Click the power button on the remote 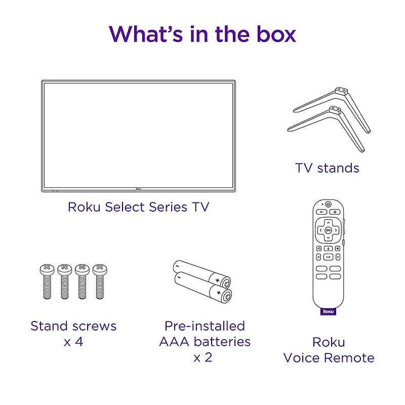(328, 204)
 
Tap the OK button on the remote (328, 229)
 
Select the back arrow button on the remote (319, 212)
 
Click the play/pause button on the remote (328, 258)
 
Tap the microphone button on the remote (328, 248)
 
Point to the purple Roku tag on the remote (329, 312)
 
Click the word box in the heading (273, 33)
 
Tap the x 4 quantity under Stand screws (73, 342)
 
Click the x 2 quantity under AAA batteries (202, 357)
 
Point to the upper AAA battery (201, 273)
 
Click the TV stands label (327, 168)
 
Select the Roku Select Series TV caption (138, 207)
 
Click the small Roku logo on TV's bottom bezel (138, 191)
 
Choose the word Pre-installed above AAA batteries (205, 326)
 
